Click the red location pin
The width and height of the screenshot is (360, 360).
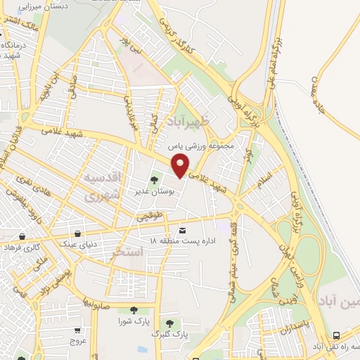coord(181,167)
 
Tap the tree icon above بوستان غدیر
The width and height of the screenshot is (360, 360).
coord(155,181)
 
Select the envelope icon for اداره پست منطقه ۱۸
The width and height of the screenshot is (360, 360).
coord(183,231)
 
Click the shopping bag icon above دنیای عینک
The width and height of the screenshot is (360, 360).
coord(77,233)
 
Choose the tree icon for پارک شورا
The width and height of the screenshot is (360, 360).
coord(132,310)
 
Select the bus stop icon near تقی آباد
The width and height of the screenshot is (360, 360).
coord(337,335)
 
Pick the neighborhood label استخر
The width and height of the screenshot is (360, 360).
coord(127,251)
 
